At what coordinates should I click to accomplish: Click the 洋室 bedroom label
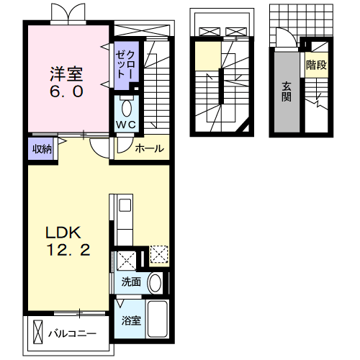click(66, 74)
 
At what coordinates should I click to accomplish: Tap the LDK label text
click(63, 233)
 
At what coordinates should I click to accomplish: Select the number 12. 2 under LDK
click(68, 250)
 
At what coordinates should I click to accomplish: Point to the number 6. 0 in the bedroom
click(66, 91)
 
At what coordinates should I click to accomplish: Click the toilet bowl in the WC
click(127, 108)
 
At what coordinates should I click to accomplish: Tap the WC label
click(126, 125)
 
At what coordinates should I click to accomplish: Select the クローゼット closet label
click(125, 65)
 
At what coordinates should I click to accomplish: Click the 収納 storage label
click(42, 149)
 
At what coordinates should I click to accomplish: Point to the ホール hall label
click(149, 148)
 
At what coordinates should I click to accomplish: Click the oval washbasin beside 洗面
click(155, 283)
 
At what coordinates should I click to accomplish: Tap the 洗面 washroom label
click(131, 282)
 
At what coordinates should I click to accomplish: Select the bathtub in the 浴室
click(158, 319)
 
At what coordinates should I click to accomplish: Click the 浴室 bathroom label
click(131, 320)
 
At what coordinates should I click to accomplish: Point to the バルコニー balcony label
click(72, 333)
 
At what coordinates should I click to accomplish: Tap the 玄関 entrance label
click(287, 91)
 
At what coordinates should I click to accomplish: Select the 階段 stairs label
click(316, 65)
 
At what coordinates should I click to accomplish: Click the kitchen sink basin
click(125, 205)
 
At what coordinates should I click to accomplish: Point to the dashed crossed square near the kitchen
click(158, 254)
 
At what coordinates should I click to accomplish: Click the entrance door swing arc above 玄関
click(293, 34)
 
